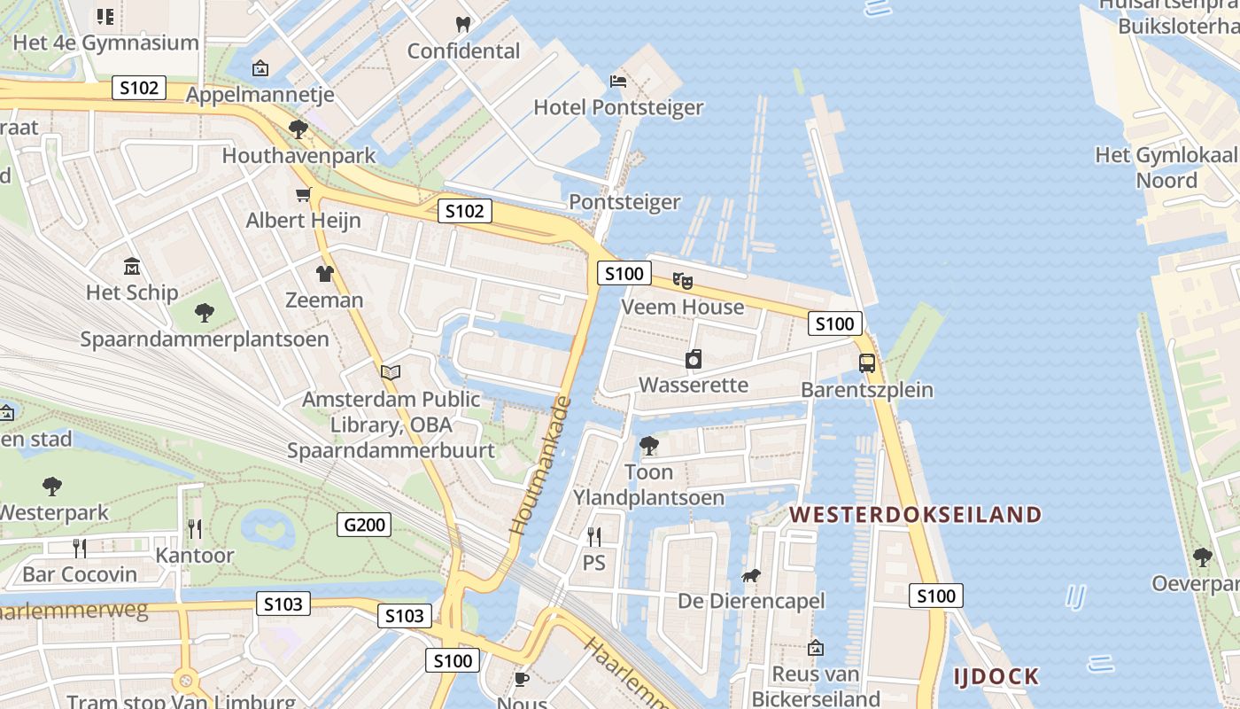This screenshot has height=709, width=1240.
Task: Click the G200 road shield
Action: point(364,525)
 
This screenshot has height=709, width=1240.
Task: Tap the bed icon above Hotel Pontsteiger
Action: point(618,82)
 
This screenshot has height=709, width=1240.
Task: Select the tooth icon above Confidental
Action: point(462,24)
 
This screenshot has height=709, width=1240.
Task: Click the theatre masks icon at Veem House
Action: point(682,281)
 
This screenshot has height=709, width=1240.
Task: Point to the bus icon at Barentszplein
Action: point(867,362)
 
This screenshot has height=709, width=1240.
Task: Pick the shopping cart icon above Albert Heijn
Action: point(304,194)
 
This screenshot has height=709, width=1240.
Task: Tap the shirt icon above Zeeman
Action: point(324,274)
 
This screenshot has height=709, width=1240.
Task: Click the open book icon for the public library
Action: point(391,373)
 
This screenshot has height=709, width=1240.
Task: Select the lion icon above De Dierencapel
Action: point(751,577)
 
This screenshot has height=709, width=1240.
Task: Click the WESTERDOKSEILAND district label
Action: point(916,514)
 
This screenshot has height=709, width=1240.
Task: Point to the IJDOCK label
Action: point(996,677)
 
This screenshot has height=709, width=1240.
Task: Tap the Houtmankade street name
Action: point(539,466)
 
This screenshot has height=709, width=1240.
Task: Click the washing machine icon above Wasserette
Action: point(694,359)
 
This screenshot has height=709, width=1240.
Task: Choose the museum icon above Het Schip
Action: point(132,266)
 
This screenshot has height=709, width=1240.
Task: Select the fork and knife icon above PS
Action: point(594,536)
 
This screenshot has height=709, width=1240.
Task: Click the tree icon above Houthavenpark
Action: point(298,130)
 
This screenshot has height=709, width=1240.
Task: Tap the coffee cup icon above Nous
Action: point(522,679)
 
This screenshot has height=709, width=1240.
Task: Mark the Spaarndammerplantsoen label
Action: point(205,339)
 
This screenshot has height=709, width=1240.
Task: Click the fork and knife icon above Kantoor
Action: point(195,529)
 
